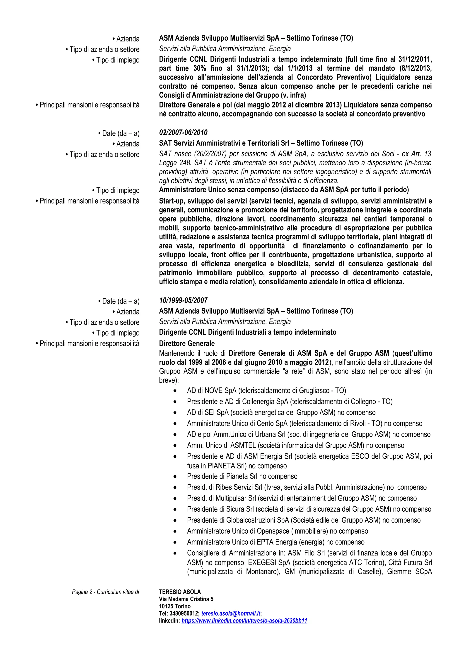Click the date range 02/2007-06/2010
[x=183, y=132]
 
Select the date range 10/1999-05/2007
[x=183, y=300]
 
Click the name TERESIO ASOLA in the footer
[x=180, y=592]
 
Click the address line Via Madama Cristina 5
[x=186, y=599]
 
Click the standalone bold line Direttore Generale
[x=187, y=343]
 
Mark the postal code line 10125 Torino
[x=175, y=606]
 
